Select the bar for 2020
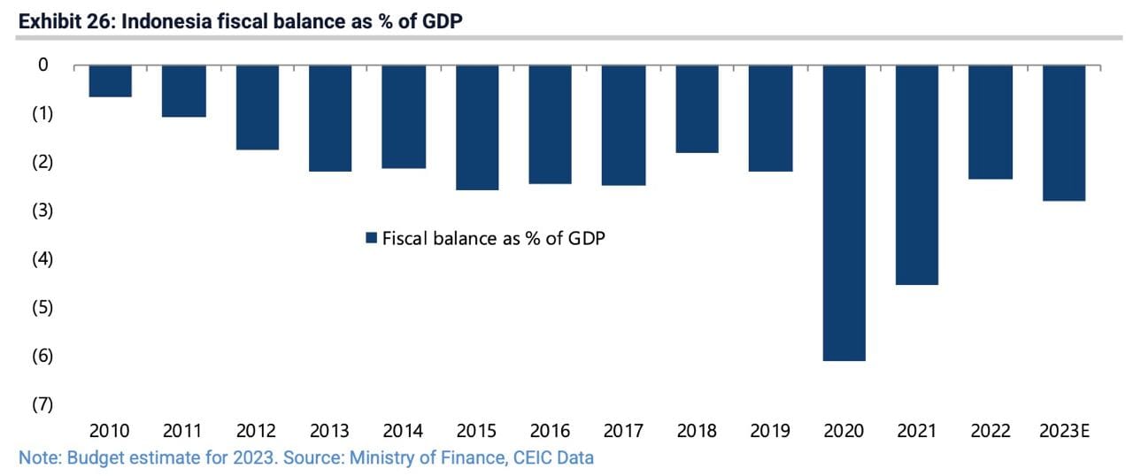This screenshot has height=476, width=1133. (x=844, y=212)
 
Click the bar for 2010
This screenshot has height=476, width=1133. (x=110, y=81)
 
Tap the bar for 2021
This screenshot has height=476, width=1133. (x=916, y=174)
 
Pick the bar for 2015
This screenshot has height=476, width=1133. (x=477, y=127)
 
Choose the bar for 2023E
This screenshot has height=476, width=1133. (x=1063, y=133)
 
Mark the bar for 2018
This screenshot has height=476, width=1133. (x=697, y=109)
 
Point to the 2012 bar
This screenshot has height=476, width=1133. (x=257, y=107)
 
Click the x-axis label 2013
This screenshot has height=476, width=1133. (x=330, y=432)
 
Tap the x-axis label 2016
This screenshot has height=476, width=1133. (x=551, y=432)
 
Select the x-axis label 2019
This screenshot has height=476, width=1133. (x=770, y=432)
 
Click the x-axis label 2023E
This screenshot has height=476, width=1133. (x=1064, y=432)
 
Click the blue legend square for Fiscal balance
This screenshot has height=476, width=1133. (x=372, y=238)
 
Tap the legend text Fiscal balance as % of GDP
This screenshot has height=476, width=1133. (x=493, y=238)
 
